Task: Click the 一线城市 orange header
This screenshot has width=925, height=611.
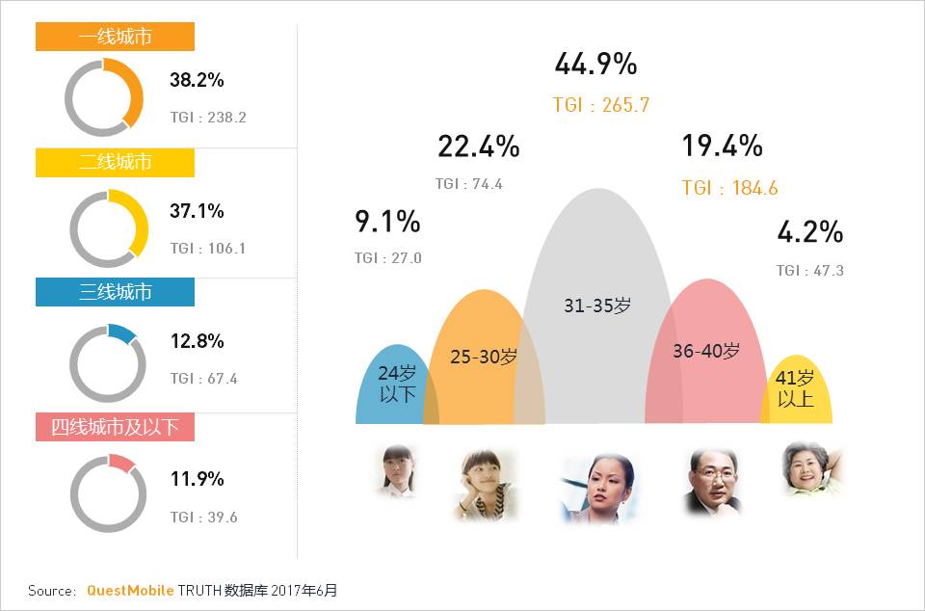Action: [x=115, y=37]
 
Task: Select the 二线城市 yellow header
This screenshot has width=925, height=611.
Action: [x=115, y=163]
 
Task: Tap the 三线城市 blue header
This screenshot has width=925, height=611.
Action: [x=115, y=292]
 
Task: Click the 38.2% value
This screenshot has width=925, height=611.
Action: [x=197, y=80]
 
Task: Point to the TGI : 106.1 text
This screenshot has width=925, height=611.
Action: [x=208, y=249]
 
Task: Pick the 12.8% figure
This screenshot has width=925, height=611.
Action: [x=197, y=341]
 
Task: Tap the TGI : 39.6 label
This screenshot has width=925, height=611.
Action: [x=203, y=518]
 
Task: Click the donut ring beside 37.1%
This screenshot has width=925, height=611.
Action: [x=108, y=228]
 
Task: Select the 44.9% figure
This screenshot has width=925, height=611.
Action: [x=595, y=65]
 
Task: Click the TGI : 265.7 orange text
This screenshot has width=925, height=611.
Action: [x=601, y=105]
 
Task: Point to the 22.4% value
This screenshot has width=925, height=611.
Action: [x=478, y=146]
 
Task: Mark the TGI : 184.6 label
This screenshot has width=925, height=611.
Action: [x=729, y=188]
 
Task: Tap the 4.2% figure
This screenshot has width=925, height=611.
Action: [x=809, y=232]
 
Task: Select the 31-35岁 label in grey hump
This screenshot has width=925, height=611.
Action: [x=597, y=306]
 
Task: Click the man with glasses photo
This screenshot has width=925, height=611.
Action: [x=712, y=482]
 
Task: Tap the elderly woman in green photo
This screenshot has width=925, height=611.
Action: [x=809, y=469]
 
